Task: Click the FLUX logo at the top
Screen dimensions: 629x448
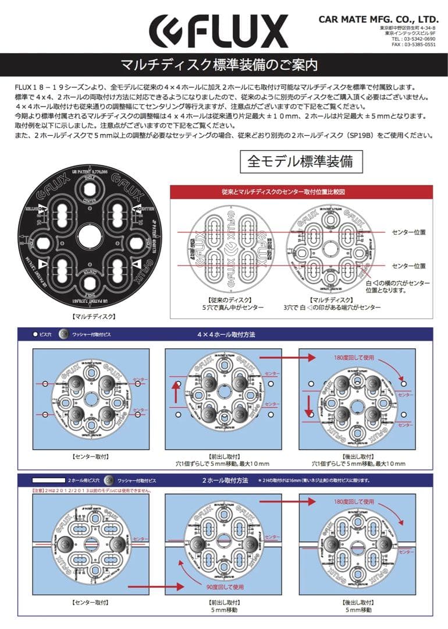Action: pyautogui.click(x=218, y=32)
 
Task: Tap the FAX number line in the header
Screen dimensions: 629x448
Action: pyautogui.click(x=414, y=44)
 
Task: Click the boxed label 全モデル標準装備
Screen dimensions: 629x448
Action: pyautogui.click(x=300, y=161)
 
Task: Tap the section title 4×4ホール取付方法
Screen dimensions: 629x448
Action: pyautogui.click(x=226, y=335)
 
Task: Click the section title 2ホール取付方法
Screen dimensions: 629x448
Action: pyautogui.click(x=225, y=480)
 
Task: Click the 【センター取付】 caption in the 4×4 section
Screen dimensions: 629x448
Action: pyautogui.click(x=90, y=456)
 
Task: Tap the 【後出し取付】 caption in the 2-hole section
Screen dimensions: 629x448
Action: pyautogui.click(x=357, y=602)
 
